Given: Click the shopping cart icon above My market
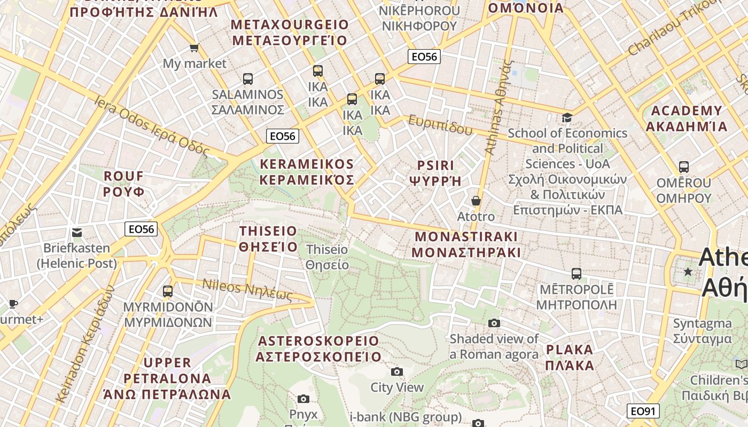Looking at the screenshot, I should (x=194, y=48).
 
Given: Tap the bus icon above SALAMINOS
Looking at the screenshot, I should (x=248, y=79).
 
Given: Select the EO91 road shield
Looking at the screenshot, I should (x=643, y=411).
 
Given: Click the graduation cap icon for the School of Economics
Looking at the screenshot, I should (x=567, y=117).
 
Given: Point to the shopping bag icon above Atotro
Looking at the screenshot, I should (x=476, y=201).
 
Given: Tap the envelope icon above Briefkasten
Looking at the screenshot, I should (x=77, y=233).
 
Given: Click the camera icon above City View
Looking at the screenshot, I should (x=397, y=371).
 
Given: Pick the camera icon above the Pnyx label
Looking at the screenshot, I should (x=303, y=399).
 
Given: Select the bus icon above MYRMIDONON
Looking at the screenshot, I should (x=168, y=291).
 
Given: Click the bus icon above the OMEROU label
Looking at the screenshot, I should (x=684, y=167).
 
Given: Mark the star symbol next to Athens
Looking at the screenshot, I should (x=688, y=272).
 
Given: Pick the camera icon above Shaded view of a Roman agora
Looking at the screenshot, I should (x=494, y=323).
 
